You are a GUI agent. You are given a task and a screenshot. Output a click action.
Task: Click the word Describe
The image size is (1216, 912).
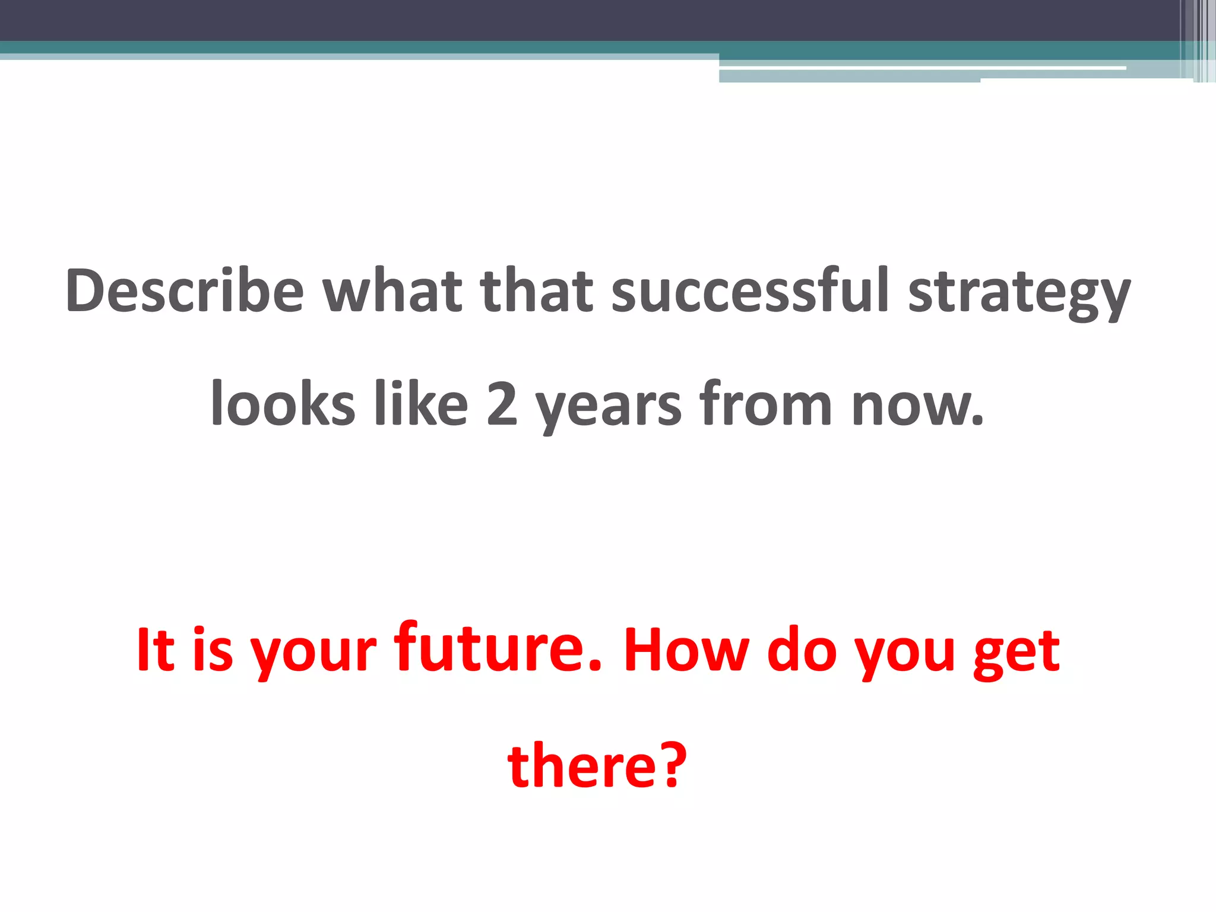point(185,290)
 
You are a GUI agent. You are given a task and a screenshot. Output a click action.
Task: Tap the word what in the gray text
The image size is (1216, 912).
point(392,290)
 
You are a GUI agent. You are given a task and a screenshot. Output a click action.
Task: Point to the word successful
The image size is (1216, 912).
point(750,290)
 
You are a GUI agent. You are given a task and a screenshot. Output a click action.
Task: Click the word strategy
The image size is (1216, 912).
point(1019,294)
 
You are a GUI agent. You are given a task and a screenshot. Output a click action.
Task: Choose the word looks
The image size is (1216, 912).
point(283,404)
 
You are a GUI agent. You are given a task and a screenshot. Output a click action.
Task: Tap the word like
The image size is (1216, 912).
point(421,404)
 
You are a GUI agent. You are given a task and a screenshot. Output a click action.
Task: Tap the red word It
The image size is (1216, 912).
point(156,651)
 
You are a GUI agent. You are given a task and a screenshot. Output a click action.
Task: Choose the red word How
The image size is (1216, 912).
point(686,651)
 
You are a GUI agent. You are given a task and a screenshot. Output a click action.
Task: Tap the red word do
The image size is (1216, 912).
point(802,651)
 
